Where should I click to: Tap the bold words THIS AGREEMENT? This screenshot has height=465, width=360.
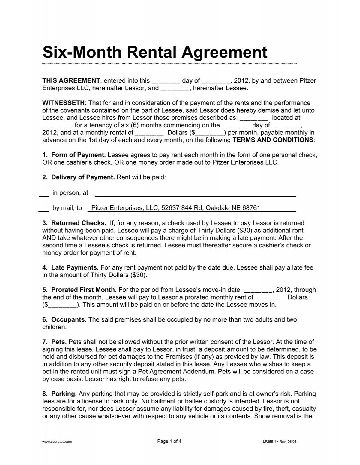[71, 80]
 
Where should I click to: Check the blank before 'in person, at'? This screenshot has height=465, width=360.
[44, 193]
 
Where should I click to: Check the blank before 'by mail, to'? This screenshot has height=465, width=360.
[44, 208]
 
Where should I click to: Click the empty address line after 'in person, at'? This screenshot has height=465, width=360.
[195, 193]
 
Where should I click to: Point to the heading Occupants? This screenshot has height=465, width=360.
[69, 320]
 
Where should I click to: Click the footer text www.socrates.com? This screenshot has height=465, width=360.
[57, 442]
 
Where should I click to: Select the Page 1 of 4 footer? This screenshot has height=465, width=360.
[169, 441]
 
